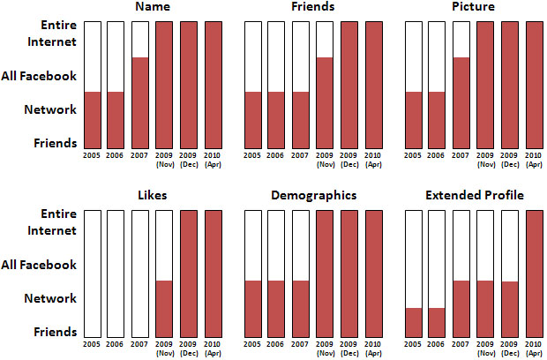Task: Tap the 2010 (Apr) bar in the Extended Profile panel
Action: (x=535, y=274)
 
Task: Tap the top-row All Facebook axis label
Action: (x=40, y=76)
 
